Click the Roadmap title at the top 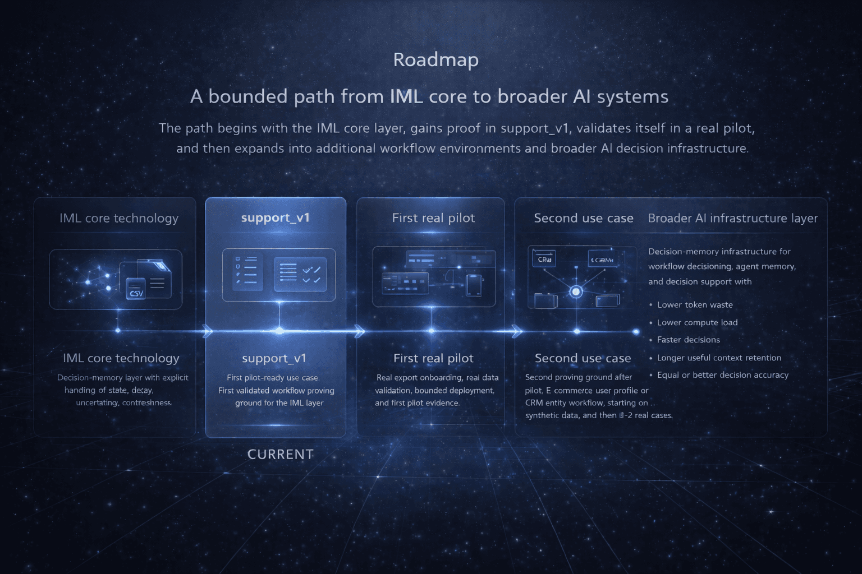pyautogui.click(x=435, y=59)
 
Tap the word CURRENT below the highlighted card pyautogui.click(x=280, y=454)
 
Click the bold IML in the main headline pyautogui.click(x=406, y=96)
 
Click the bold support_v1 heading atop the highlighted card pyautogui.click(x=275, y=217)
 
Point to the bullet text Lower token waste pyautogui.click(x=695, y=305)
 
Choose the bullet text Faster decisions pyautogui.click(x=688, y=340)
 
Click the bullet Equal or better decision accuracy pyautogui.click(x=722, y=375)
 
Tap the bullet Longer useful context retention pyautogui.click(x=719, y=358)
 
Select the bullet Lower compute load pyautogui.click(x=697, y=322)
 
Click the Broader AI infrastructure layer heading pyautogui.click(x=732, y=218)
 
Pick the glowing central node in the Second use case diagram pyautogui.click(x=576, y=291)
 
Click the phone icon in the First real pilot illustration pyautogui.click(x=474, y=285)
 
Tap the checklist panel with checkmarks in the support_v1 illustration pyautogui.click(x=300, y=274)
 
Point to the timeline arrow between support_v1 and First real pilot pyautogui.click(x=359, y=331)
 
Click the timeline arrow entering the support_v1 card pyautogui.click(x=208, y=331)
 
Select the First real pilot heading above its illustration pyautogui.click(x=433, y=218)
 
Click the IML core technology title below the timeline pyautogui.click(x=121, y=358)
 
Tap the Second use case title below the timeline pyautogui.click(x=583, y=358)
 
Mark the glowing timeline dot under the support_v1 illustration pyautogui.click(x=279, y=331)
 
